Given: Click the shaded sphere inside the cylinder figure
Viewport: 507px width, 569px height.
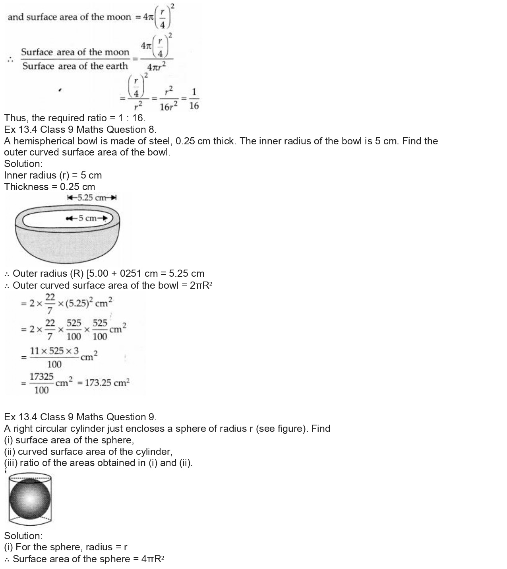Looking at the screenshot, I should (30, 499).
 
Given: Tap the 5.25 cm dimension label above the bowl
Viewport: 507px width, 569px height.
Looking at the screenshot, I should (92, 198).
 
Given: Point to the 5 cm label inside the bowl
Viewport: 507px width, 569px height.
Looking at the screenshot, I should (87, 218).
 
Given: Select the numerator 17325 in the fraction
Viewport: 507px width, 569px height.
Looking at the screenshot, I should (41, 377).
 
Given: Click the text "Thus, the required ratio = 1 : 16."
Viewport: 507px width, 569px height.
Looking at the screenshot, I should (75, 118).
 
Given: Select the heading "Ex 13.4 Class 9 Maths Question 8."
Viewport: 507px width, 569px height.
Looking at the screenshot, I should (80, 130).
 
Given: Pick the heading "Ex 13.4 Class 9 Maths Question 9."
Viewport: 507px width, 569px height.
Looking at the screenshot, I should (80, 417).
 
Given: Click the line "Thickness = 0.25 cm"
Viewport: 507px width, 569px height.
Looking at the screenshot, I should (50, 187).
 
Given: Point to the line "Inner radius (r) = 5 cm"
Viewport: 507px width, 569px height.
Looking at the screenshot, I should (53, 175).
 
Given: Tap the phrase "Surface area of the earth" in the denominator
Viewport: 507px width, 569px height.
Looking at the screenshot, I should (75, 66).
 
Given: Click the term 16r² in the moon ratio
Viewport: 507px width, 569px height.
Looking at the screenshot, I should (168, 106).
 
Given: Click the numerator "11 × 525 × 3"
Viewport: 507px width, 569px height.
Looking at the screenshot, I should (54, 351).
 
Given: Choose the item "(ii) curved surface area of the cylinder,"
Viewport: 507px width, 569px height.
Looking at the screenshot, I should (88, 452).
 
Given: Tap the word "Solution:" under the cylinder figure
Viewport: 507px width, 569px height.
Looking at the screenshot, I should (23, 536).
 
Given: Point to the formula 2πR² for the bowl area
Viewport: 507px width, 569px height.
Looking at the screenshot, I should (201, 285).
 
